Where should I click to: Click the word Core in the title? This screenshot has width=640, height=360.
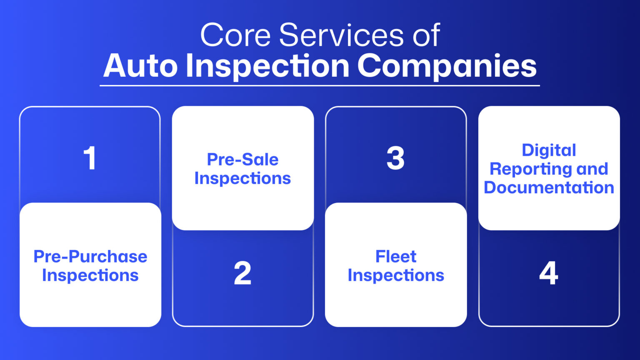(x=235, y=35)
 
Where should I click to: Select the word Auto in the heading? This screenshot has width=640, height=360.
(x=140, y=66)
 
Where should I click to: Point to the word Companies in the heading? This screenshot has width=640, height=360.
(x=447, y=66)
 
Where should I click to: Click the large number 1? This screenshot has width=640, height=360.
(x=90, y=158)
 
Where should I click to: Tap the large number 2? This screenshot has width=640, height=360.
(x=242, y=273)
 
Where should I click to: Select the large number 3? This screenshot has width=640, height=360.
(x=395, y=158)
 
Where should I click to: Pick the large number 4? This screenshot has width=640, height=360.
(x=548, y=273)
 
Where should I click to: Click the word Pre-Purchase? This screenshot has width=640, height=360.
(x=90, y=256)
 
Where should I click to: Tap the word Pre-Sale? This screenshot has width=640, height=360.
(x=242, y=159)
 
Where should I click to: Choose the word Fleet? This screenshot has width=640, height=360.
(x=396, y=256)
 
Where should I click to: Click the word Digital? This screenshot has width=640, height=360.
(x=549, y=150)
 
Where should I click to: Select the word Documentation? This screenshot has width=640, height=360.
(x=549, y=187)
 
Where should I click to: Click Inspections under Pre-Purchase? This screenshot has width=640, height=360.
(x=90, y=275)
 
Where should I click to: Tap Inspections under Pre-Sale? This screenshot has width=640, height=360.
(x=242, y=178)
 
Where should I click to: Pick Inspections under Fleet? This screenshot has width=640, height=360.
(x=396, y=275)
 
